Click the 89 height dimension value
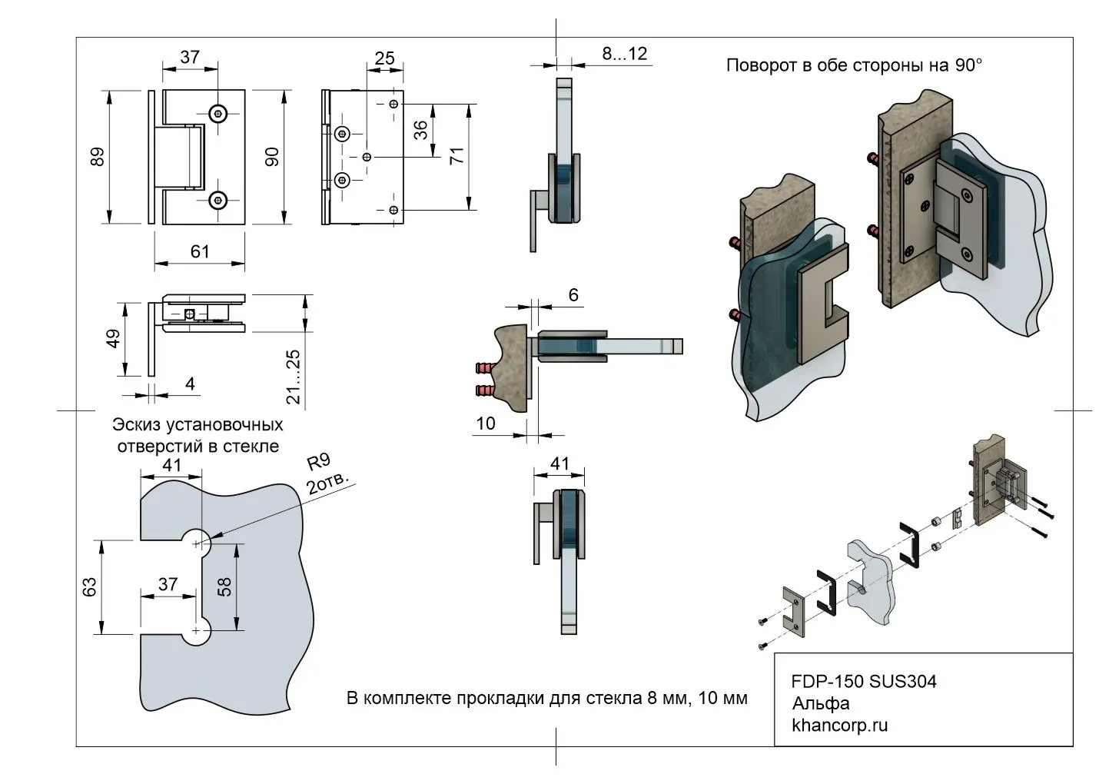[x=97, y=157]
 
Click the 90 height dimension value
[x=271, y=157]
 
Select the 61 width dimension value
[x=200, y=251]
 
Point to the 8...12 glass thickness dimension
[x=625, y=54]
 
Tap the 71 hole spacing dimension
[x=457, y=156]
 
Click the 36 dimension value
[x=421, y=131]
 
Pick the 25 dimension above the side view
[x=385, y=58]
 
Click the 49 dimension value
[x=112, y=339]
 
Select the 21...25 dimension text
[x=293, y=376]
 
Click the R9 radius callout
[x=318, y=462]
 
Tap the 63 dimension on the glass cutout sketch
[x=89, y=587]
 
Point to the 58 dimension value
[x=224, y=587]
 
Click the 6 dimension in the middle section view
[x=573, y=294]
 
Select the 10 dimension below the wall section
[x=486, y=423]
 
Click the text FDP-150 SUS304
[x=864, y=682]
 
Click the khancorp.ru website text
[x=839, y=725]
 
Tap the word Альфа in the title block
[x=821, y=703]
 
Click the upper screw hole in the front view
[x=219, y=113]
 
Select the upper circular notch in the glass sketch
[x=198, y=543]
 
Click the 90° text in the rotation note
[x=968, y=65]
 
